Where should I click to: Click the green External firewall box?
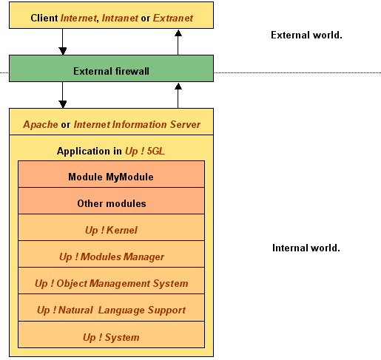[111, 68]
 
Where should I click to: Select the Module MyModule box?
[111, 174]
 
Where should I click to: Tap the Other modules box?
[111, 201]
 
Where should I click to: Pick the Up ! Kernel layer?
[111, 228]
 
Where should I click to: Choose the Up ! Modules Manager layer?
[111, 254]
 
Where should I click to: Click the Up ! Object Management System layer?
[111, 281]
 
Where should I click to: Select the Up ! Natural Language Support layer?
[111, 308]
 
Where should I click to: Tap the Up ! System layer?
[111, 335]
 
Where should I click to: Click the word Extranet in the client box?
[173, 18]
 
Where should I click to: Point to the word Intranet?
[120, 18]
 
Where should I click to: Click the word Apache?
[41, 125]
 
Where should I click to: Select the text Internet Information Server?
[137, 124]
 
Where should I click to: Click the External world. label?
[306, 35]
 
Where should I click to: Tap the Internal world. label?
[306, 248]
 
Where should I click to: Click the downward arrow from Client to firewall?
[63, 41]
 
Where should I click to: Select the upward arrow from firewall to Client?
[178, 42]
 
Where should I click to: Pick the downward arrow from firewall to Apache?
[63, 95]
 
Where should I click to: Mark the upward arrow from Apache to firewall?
[178, 95]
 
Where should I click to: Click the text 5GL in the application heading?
[156, 151]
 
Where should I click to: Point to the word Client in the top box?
[44, 18]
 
